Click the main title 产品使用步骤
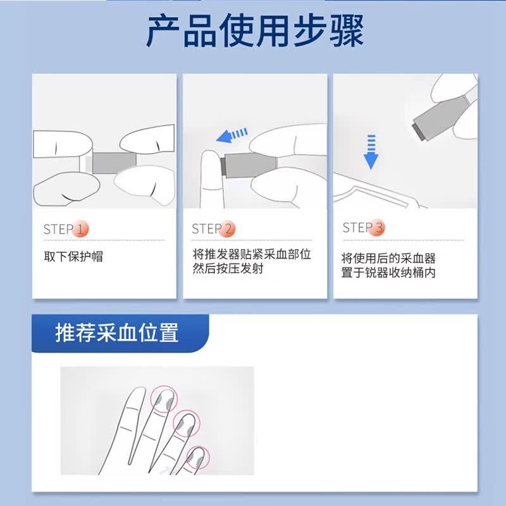255,31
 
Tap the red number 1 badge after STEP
80,229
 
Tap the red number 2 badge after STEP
227,228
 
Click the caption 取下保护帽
73,257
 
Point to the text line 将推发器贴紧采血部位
252,254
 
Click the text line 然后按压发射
228,268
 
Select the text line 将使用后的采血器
388,258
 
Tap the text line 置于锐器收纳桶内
388,273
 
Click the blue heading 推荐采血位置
117,333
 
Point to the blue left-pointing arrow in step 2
231,135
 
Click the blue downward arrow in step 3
371,152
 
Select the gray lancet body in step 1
114,163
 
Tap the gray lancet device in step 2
249,165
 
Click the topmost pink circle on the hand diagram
164,399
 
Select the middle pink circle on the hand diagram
187,423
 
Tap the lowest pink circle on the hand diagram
198,457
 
